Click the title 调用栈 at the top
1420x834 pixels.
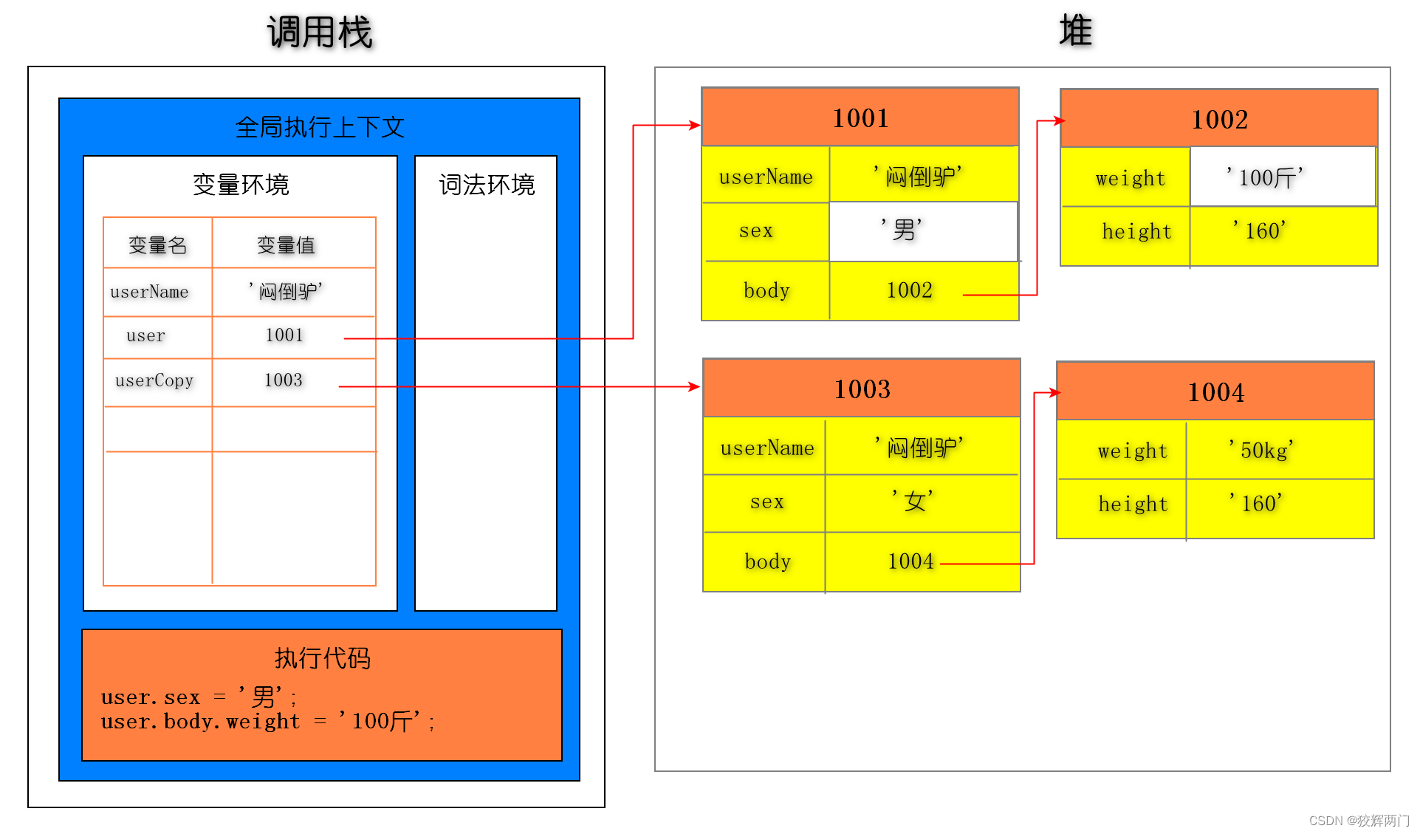click(x=320, y=33)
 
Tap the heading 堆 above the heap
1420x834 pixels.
click(x=1075, y=31)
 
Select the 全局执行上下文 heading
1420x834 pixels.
click(x=320, y=127)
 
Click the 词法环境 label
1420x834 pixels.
click(x=487, y=185)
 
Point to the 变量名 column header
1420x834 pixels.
click(x=157, y=245)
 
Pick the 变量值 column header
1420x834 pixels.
click(x=286, y=245)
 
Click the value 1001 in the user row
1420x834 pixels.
click(x=284, y=335)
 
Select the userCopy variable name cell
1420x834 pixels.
click(x=154, y=380)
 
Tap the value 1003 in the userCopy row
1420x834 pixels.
click(x=284, y=380)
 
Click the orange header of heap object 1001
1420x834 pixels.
click(x=860, y=117)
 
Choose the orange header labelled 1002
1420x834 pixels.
click(x=1219, y=119)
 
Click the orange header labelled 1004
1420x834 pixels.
click(x=1215, y=392)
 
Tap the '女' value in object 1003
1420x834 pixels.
click(x=913, y=501)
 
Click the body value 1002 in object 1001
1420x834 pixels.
click(x=910, y=290)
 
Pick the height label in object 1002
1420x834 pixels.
click(x=1136, y=232)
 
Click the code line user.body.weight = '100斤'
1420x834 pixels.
click(x=267, y=722)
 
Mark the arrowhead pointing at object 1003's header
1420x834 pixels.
click(x=694, y=386)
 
